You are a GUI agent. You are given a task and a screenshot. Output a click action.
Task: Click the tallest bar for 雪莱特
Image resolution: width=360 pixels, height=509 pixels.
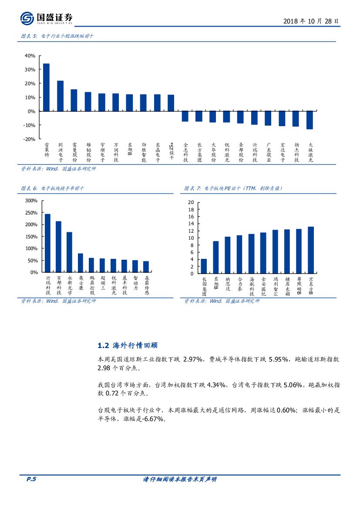[x=46, y=87]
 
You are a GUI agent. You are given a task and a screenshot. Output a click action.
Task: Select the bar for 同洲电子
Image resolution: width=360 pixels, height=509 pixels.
[x=60, y=96]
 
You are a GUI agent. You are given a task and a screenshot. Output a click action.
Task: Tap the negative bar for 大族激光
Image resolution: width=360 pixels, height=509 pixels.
[x=310, y=120]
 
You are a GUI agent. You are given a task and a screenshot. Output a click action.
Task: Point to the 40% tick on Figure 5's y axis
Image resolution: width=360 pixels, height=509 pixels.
[x=30, y=56]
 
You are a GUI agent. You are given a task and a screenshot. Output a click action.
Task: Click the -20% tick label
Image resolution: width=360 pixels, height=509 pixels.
[x=29, y=139]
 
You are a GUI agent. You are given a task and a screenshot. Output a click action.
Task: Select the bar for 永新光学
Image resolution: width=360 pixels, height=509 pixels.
[x=69, y=252]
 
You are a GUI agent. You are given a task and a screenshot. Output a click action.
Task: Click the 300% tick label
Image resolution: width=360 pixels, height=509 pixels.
[x=31, y=201]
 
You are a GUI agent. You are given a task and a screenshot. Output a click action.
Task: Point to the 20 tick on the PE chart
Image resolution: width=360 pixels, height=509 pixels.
[x=191, y=202]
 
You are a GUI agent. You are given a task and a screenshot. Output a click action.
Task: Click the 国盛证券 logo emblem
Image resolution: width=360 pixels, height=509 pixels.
[x=27, y=18]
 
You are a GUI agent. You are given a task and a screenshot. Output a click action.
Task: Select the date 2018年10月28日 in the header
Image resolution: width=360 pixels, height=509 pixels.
[x=310, y=21]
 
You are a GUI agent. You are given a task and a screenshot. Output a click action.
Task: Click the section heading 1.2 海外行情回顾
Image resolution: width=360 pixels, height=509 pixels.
[x=128, y=346]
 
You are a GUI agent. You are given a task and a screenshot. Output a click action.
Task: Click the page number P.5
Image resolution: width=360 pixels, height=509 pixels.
[x=31, y=479]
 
